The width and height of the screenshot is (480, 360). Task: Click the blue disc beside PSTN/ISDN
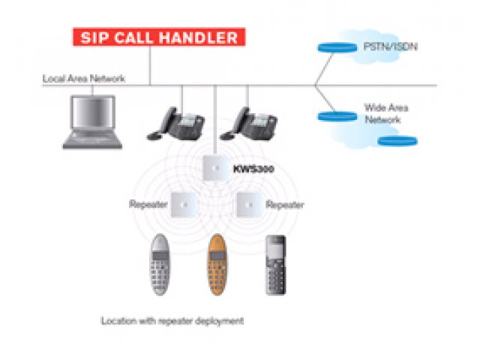[337, 47]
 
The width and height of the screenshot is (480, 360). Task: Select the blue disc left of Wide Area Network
[337, 115]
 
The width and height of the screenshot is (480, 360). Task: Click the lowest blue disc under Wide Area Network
[397, 139]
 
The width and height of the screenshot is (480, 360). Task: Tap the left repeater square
[183, 204]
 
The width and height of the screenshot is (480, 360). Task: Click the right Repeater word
[285, 204]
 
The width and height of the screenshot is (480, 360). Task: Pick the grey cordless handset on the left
[160, 265]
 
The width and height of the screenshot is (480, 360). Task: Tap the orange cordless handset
[217, 265]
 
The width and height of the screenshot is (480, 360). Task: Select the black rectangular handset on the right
[275, 265]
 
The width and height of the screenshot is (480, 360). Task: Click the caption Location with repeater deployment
[172, 321]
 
